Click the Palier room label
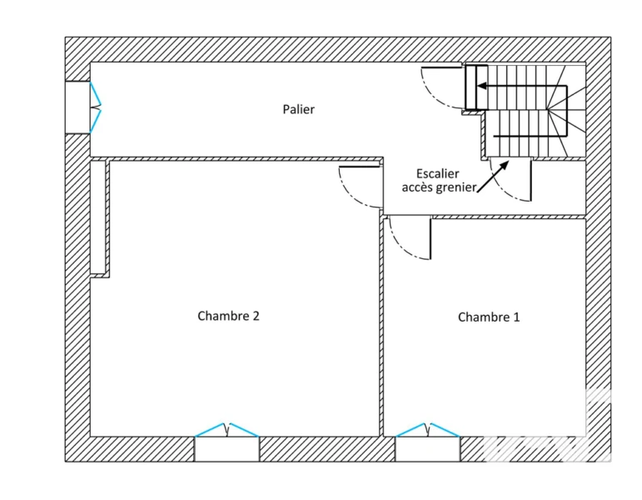(x=298, y=109)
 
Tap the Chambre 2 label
(x=228, y=316)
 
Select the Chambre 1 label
(x=489, y=317)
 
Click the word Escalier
(x=438, y=174)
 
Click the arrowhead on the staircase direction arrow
(x=482, y=86)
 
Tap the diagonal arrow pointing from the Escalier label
(x=493, y=177)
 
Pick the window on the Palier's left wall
(x=83, y=107)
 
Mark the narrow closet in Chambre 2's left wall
(x=98, y=217)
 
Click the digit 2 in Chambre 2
(x=256, y=316)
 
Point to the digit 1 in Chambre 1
(x=516, y=317)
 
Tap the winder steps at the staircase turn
(x=567, y=109)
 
